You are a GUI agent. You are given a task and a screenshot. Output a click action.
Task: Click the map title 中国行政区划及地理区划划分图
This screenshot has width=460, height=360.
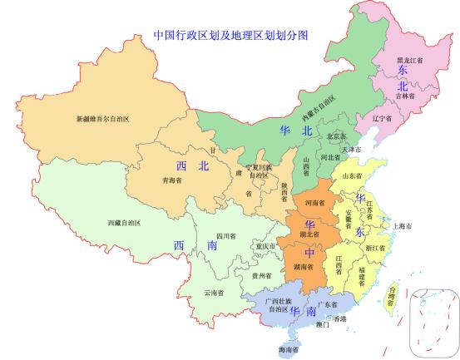point(231,36)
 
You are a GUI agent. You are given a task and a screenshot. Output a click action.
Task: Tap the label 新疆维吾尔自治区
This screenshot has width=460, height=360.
point(103,119)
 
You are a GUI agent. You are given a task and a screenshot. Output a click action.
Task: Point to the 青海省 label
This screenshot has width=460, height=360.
point(171,179)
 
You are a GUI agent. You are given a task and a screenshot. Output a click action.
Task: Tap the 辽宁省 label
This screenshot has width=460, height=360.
point(382,119)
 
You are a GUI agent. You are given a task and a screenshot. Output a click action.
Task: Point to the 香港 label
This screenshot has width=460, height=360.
point(340,318)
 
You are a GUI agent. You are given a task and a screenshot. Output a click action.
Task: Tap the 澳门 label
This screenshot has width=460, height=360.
point(320,325)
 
